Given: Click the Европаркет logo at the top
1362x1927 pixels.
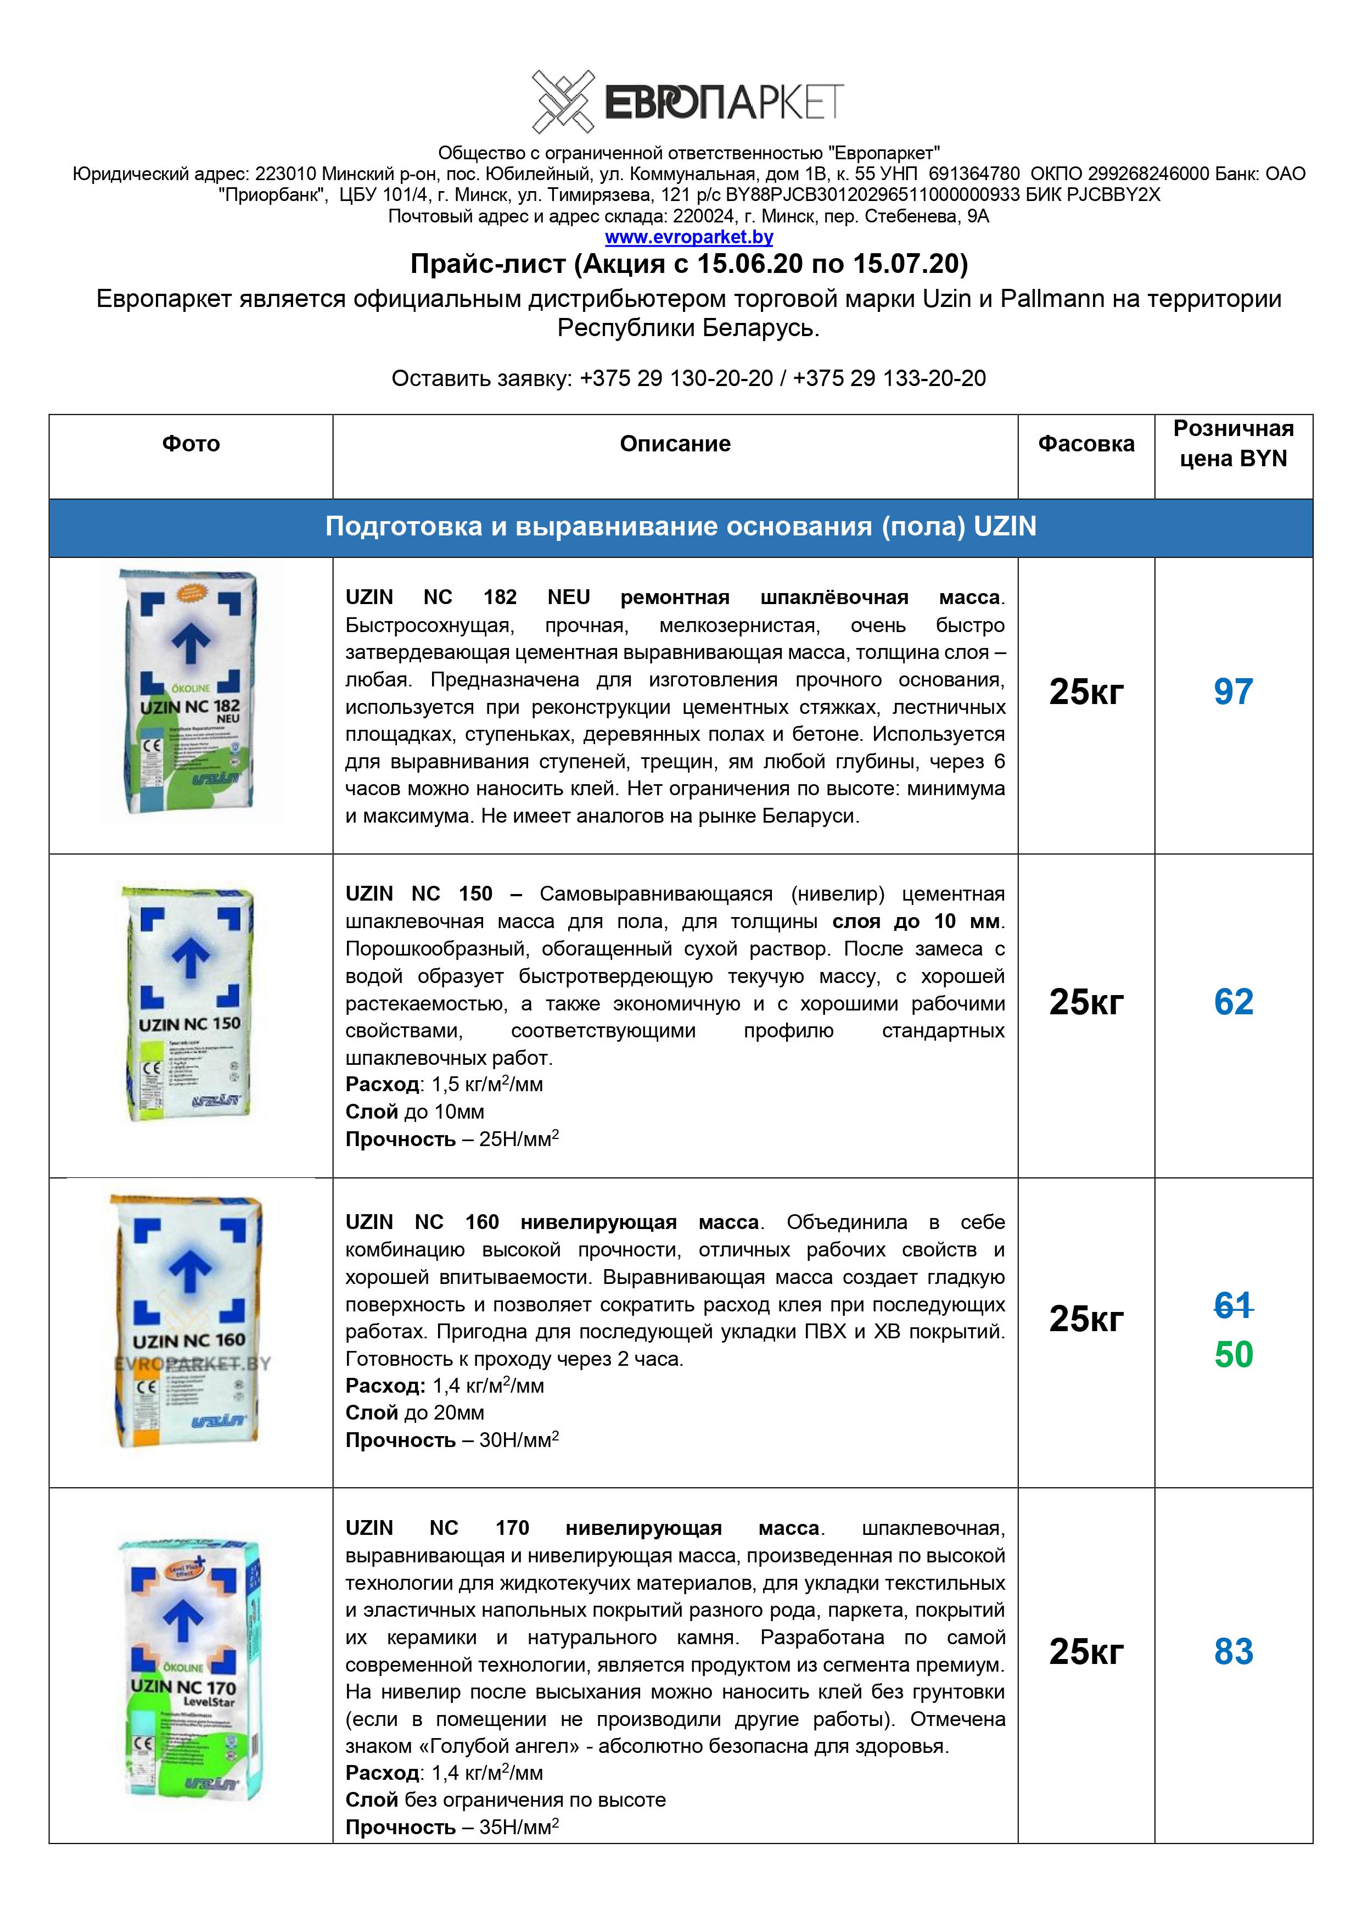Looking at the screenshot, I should (x=687, y=102).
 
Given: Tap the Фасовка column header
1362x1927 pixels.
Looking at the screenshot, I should (x=1086, y=444).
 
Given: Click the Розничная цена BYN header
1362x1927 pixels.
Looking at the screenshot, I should (x=1233, y=443).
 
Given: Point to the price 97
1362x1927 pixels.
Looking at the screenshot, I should (x=1233, y=691).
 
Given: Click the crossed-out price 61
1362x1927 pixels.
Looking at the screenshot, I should (x=1233, y=1305).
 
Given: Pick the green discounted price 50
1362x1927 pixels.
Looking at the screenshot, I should (x=1233, y=1355).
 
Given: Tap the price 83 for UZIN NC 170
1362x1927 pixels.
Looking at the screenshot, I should (x=1233, y=1651).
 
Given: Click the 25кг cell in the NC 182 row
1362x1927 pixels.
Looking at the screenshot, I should (x=1086, y=691).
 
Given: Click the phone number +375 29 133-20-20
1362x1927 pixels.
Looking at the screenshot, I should (x=889, y=378).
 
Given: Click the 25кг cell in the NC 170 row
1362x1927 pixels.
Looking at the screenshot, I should (x=1086, y=1651).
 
